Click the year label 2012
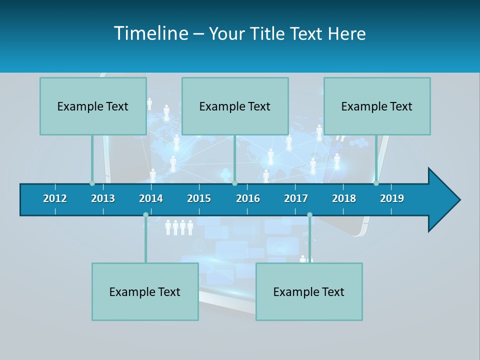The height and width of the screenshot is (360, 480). tap(55, 198)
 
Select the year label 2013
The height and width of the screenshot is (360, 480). tap(103, 198)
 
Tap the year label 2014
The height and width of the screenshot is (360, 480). tap(151, 198)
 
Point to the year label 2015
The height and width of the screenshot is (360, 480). tap(199, 198)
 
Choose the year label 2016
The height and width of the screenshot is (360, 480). tap(248, 198)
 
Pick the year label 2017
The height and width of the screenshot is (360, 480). tap(296, 198)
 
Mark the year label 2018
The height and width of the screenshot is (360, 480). tap(344, 198)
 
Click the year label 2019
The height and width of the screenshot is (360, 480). tap(392, 198)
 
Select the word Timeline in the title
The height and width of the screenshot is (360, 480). tap(150, 33)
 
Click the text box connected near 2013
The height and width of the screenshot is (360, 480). tap(93, 106)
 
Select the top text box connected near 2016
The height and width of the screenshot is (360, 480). tap(235, 106)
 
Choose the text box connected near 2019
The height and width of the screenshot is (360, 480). tap(377, 106)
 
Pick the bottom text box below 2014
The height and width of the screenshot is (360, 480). tap(145, 291)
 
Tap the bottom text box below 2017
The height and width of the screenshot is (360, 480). tap(309, 291)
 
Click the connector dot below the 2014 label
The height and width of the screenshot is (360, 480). tap(145, 215)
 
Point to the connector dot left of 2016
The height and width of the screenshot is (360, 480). tap(234, 183)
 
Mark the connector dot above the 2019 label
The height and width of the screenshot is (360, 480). tap(376, 183)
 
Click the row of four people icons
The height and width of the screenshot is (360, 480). tap(179, 227)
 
